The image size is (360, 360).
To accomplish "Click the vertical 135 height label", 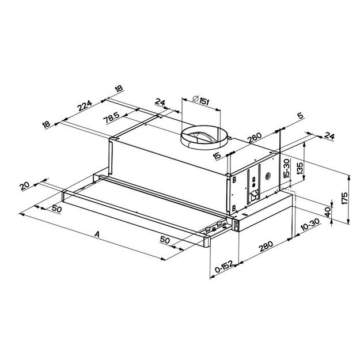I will point(300,169).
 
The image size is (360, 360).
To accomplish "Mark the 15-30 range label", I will point(286,167).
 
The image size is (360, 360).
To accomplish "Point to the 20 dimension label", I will point(24,185).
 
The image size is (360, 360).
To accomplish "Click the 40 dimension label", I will point(328,212).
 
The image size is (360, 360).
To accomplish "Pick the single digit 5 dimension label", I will point(300,116).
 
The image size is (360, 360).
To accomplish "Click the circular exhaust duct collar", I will point(204,138).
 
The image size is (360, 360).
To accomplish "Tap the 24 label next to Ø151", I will point(160,104).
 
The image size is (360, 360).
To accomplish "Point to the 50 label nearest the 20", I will point(56,209).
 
